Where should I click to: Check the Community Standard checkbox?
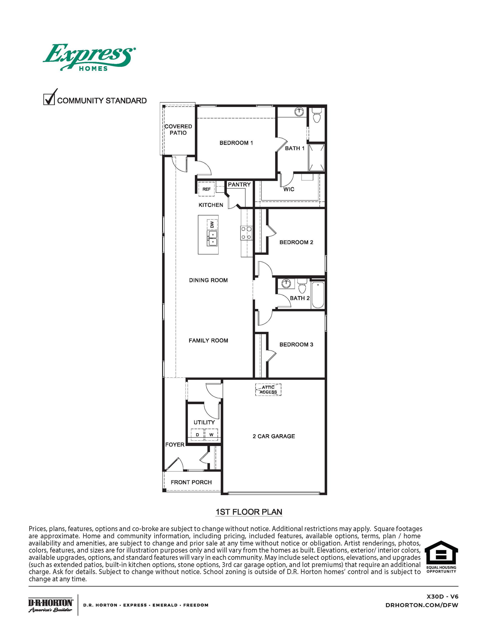tap(49, 99)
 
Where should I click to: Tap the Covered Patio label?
tap(178, 130)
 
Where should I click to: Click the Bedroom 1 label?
tap(236, 143)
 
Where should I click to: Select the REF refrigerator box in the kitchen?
tap(206, 189)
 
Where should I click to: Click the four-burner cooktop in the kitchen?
tap(246, 233)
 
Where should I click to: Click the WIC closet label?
tap(289, 189)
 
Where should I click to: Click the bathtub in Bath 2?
tap(318, 295)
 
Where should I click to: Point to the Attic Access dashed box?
tap(268, 389)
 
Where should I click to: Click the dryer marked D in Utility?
tap(198, 434)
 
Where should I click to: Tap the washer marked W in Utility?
tap(211, 434)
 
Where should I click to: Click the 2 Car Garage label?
tap(273, 436)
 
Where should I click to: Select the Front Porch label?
tap(191, 482)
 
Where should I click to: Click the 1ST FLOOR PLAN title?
tap(249, 512)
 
